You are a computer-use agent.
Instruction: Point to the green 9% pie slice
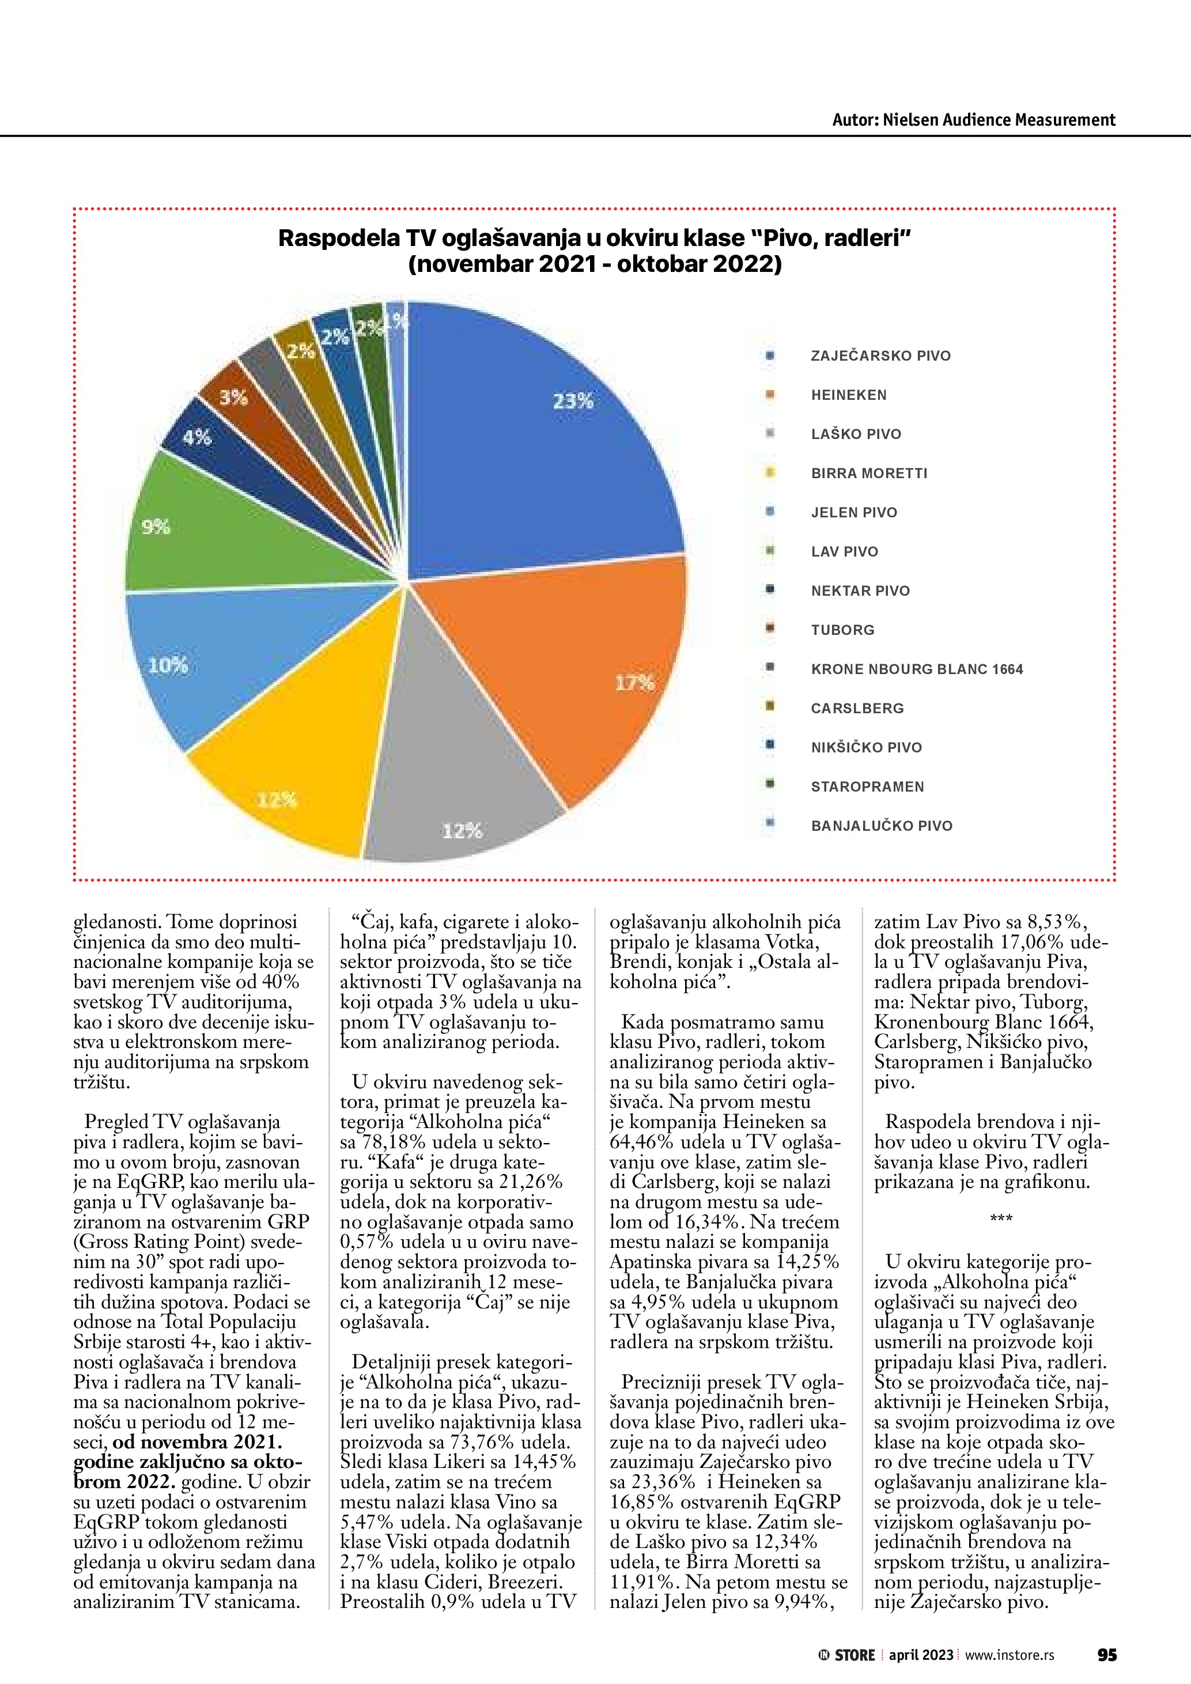(220, 528)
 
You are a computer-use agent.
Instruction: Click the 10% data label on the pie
(168, 666)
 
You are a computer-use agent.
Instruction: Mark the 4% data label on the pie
(196, 438)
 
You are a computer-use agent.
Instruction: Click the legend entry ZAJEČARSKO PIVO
(880, 355)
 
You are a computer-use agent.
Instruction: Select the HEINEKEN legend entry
(849, 395)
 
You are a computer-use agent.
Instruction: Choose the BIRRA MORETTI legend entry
(869, 474)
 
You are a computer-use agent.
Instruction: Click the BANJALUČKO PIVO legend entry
(882, 826)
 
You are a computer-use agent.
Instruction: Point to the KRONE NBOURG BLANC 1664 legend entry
(917, 669)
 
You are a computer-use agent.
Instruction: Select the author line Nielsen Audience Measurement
(973, 120)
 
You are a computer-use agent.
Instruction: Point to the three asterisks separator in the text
(1001, 1218)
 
